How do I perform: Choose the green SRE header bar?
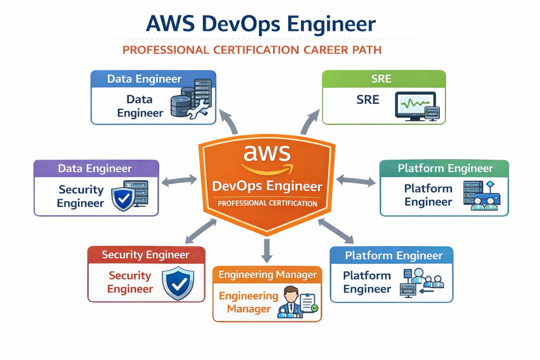[x=384, y=79]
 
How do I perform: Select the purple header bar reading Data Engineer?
[x=96, y=169]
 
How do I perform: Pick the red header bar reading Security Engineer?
[x=146, y=255]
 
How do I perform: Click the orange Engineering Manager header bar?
[x=267, y=275]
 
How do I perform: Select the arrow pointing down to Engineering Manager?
[x=267, y=250]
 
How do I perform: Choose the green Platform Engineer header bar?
[x=445, y=169]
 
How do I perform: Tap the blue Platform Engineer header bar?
[x=391, y=256]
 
